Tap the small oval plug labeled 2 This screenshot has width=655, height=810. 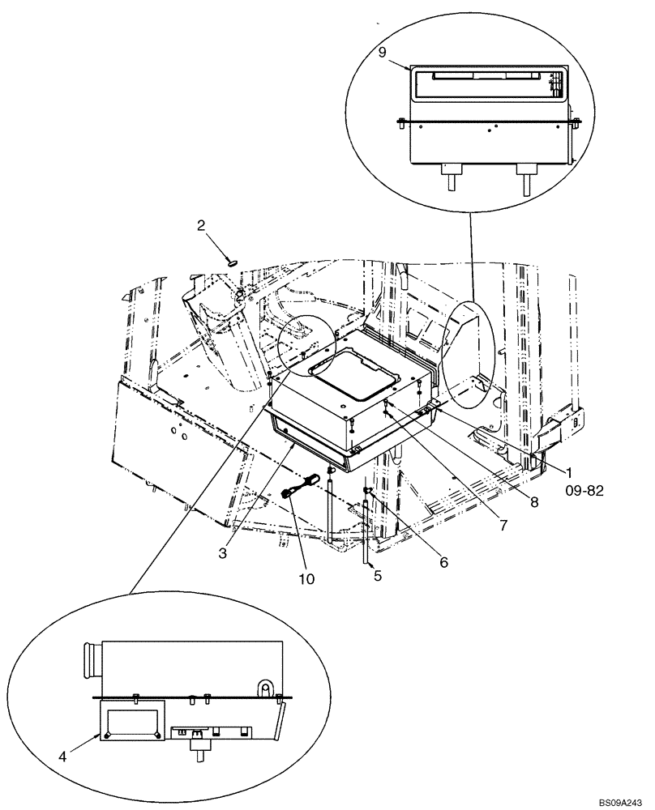tap(232, 262)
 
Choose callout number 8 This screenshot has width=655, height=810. tap(534, 502)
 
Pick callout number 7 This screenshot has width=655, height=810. tap(503, 526)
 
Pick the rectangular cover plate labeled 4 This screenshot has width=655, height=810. tap(131, 719)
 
